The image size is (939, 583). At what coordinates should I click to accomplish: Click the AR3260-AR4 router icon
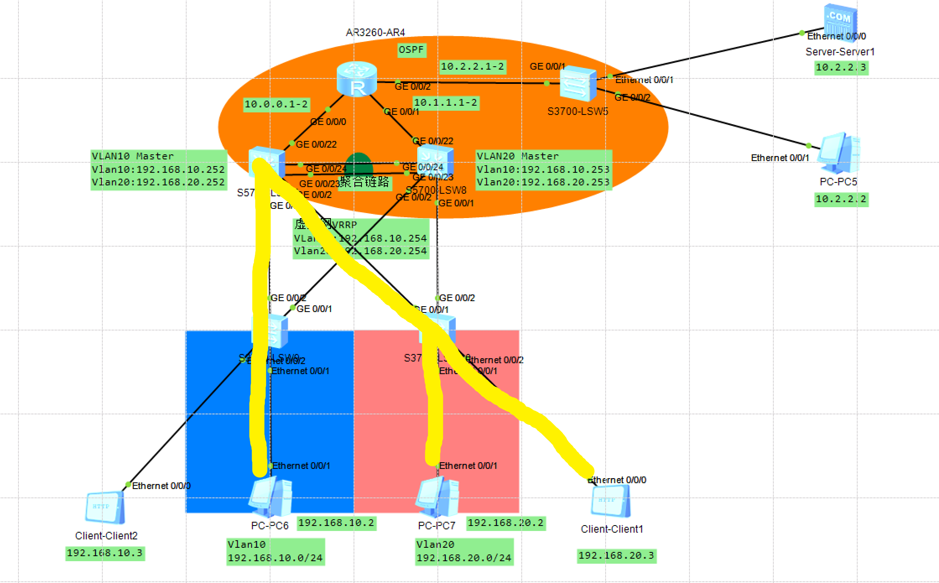pos(357,79)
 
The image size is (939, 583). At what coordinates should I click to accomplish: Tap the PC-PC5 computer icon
pos(839,153)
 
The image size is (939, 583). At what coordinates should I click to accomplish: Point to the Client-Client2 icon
pos(105,508)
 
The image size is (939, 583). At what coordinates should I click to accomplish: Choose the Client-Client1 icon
pos(611,501)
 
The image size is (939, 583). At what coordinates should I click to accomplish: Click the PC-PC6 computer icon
pos(271,497)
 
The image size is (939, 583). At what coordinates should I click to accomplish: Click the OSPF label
pos(411,50)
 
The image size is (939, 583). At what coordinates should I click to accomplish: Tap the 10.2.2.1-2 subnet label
pos(472,67)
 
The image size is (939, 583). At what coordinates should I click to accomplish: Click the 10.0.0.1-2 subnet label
pos(276,104)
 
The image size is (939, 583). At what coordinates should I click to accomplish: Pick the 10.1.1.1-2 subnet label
pos(445,103)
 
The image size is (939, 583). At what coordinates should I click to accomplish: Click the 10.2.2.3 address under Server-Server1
pos(841,68)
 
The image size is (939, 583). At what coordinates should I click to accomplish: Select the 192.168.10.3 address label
pos(105,553)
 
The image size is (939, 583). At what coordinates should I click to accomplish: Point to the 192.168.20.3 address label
pos(616,556)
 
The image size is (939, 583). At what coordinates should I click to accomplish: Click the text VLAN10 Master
pos(133,156)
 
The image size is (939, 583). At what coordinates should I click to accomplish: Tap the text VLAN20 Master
pos(518,156)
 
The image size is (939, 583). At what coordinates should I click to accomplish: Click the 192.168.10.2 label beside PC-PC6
pos(336,523)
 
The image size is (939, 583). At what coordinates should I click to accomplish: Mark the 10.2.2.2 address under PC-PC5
pos(841,199)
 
